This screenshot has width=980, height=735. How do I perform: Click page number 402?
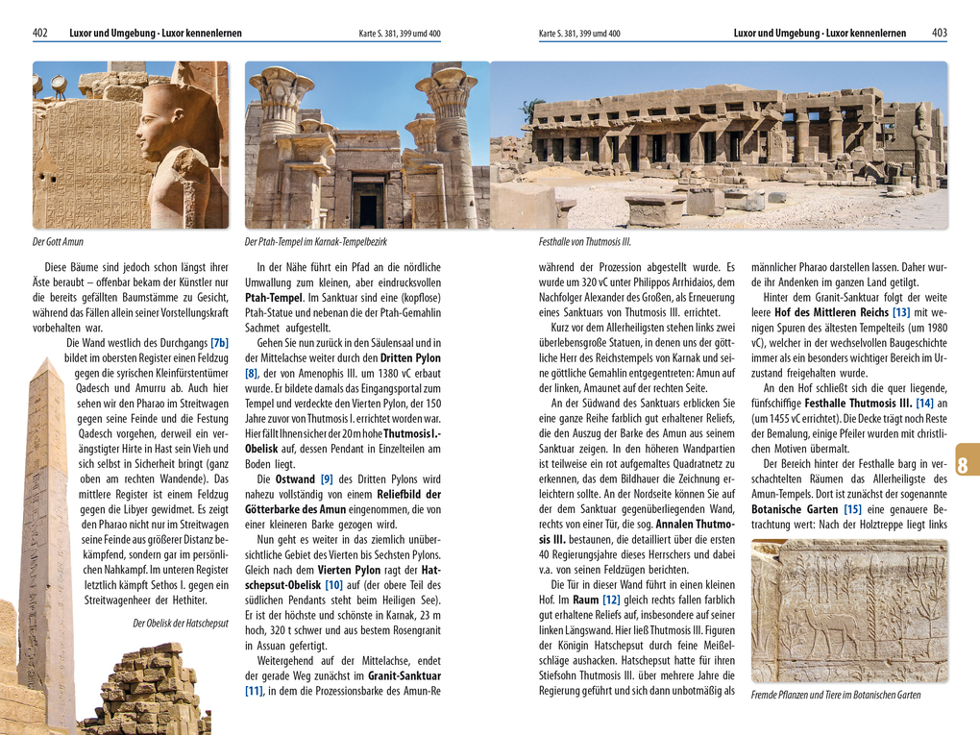click(40, 34)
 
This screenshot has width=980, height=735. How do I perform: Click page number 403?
click(939, 34)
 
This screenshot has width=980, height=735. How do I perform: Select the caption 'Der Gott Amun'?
click(59, 242)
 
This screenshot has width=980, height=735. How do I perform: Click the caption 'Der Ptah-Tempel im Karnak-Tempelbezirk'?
click(315, 242)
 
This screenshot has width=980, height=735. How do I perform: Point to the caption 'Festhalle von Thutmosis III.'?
click(585, 242)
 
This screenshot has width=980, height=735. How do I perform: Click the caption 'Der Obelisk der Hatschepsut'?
click(181, 624)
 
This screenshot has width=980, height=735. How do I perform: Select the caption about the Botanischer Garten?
click(835, 696)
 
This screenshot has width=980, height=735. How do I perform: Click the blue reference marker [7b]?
click(219, 343)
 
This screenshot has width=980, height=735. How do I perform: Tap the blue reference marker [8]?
click(252, 374)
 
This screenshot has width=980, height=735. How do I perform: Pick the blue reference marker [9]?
click(327, 478)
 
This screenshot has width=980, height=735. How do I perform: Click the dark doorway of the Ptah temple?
click(368, 210)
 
